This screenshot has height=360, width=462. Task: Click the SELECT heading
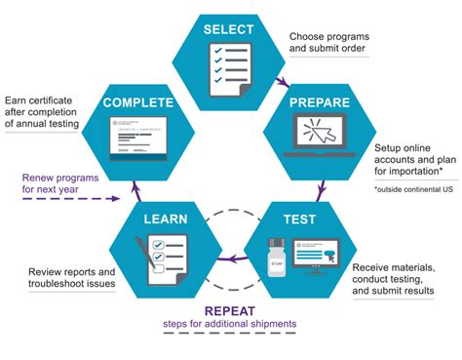229,29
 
